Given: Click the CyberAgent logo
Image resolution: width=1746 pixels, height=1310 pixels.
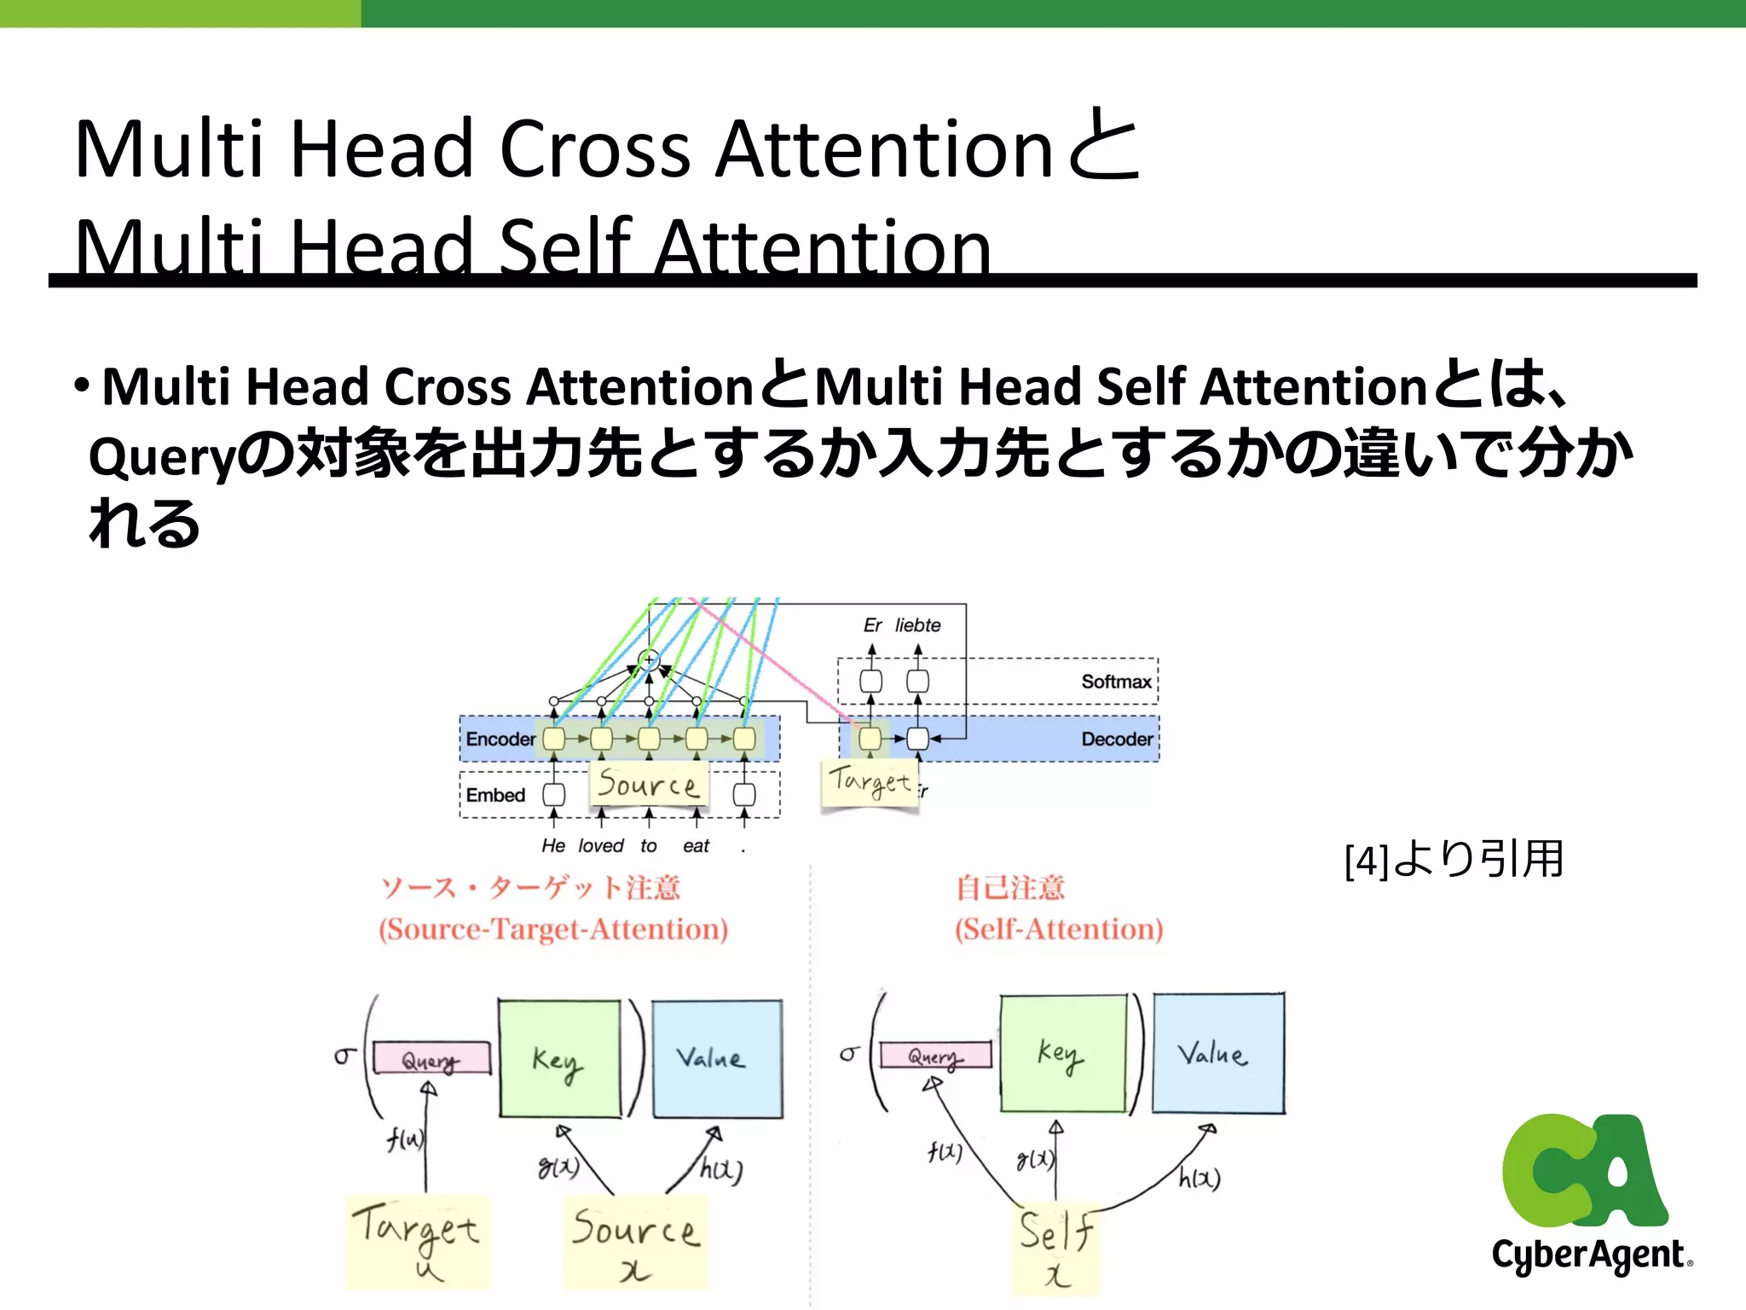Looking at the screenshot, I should (x=1590, y=1194).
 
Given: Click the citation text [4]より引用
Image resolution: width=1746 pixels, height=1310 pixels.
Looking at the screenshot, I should (x=1454, y=860).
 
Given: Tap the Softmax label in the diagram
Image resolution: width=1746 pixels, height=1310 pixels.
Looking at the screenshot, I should (x=1115, y=681).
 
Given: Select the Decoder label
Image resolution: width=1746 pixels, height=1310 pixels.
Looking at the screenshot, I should (x=1116, y=739).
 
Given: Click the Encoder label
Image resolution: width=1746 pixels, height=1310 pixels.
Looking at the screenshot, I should (x=500, y=739).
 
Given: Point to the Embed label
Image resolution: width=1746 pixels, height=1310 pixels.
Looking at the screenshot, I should (x=494, y=795).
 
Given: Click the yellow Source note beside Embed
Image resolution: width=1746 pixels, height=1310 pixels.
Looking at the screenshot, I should (x=648, y=783).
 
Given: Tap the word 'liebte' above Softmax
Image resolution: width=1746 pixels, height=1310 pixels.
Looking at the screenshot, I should (x=917, y=625).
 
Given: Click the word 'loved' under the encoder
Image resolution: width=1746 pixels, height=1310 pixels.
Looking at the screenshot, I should (x=600, y=845).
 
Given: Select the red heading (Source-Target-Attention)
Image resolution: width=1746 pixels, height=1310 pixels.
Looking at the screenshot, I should (x=553, y=929).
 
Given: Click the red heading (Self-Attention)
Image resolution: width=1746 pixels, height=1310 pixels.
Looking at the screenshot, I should (x=1058, y=929).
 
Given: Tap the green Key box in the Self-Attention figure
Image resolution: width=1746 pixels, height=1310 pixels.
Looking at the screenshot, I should (x=1062, y=1053).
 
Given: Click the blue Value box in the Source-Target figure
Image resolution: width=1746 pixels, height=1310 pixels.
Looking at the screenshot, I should (x=716, y=1058).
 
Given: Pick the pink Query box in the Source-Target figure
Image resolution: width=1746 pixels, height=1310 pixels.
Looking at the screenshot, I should (x=431, y=1059).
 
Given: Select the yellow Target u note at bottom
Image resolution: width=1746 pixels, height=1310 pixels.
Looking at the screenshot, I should (x=417, y=1241).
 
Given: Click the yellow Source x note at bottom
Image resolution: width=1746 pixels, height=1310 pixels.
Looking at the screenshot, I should (x=635, y=1241).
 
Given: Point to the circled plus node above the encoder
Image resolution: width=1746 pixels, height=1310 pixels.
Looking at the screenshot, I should (x=649, y=659).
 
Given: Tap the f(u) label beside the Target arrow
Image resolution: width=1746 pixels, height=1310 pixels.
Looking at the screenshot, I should (x=404, y=1139).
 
